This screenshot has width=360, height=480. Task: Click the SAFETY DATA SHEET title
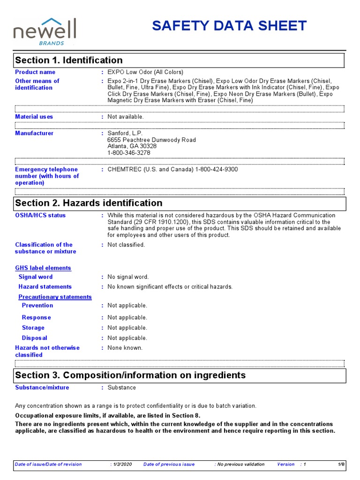tap(229, 26)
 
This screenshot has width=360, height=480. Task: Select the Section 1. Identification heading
tap(69, 60)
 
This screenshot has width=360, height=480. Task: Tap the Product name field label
tap(35, 72)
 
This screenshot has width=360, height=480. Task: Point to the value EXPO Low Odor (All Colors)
tap(145, 72)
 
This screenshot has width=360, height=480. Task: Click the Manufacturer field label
tap(34, 134)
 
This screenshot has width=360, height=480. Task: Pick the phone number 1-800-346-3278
tap(129, 153)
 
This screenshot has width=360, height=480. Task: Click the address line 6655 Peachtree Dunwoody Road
tap(151, 140)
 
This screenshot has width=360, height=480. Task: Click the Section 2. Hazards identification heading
tap(89, 203)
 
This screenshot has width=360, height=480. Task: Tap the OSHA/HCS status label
tap(40, 216)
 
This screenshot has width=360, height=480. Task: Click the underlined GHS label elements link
tap(43, 268)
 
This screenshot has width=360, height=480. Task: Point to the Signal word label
tap(36, 277)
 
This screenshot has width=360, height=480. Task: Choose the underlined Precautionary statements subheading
tap(55, 297)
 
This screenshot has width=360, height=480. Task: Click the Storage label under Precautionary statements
tap(33, 328)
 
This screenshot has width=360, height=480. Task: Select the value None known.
tap(125, 348)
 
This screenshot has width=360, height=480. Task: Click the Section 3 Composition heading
tap(130, 375)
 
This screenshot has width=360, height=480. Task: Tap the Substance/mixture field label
tap(42, 388)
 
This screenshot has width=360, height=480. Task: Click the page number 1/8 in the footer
tap(341, 465)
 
